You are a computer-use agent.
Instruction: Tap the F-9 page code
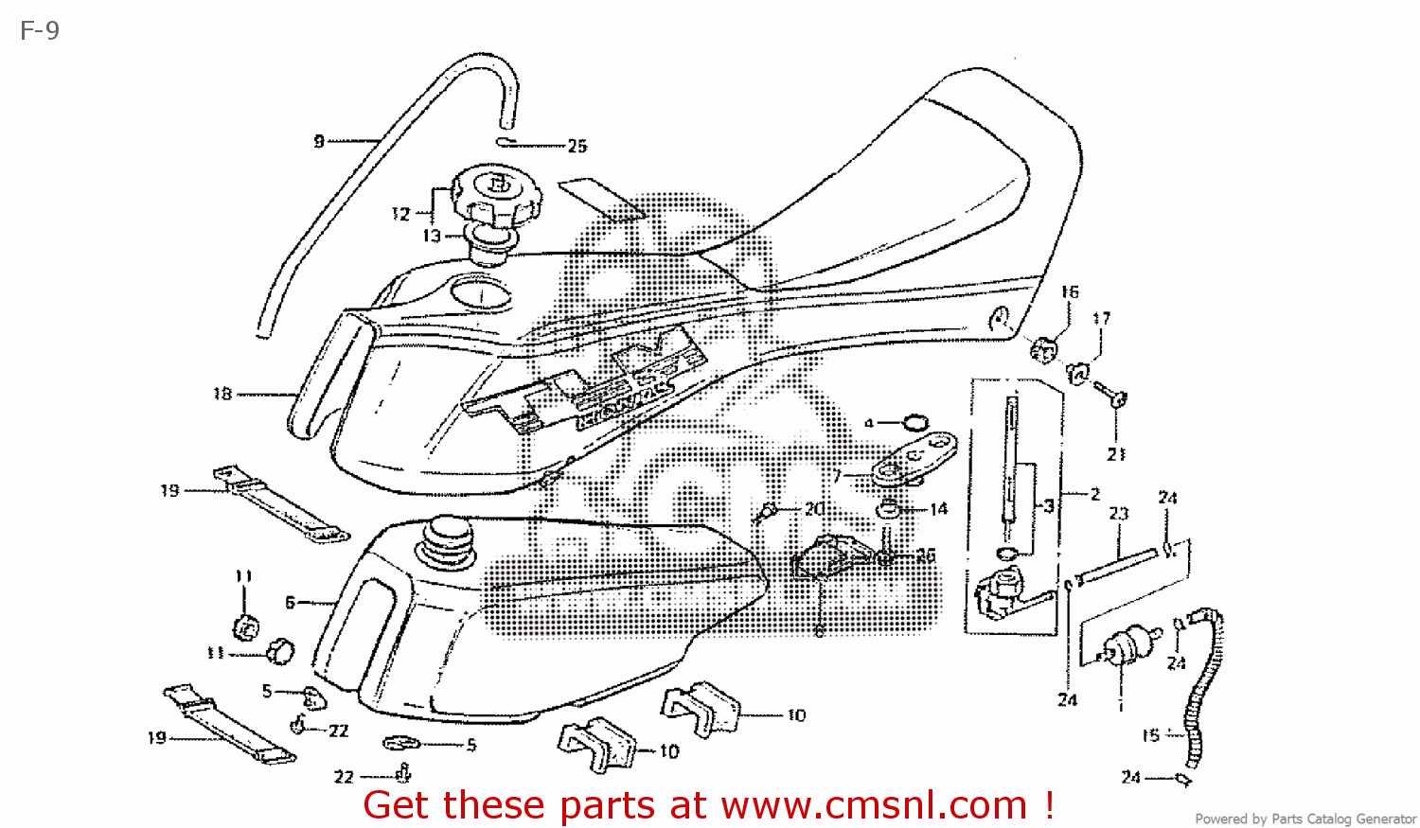point(40,31)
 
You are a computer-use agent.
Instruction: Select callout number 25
point(577,146)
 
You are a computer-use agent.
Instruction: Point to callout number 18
point(222,394)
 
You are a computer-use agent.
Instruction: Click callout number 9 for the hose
point(319,141)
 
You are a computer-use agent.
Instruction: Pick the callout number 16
point(1070,292)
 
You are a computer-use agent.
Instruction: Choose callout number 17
point(1102,319)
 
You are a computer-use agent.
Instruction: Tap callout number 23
point(1119,514)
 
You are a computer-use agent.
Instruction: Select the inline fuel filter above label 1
point(1124,647)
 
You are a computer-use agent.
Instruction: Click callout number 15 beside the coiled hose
point(1151,735)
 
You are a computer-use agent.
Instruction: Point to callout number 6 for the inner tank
point(291,602)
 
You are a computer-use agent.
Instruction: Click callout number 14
point(938,509)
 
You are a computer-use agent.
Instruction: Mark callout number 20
point(814,509)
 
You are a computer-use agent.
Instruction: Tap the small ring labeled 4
point(915,422)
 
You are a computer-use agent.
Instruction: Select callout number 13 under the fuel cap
point(432,236)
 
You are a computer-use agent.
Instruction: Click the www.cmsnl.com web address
point(874,805)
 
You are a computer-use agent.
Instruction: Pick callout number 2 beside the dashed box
point(1095,494)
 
